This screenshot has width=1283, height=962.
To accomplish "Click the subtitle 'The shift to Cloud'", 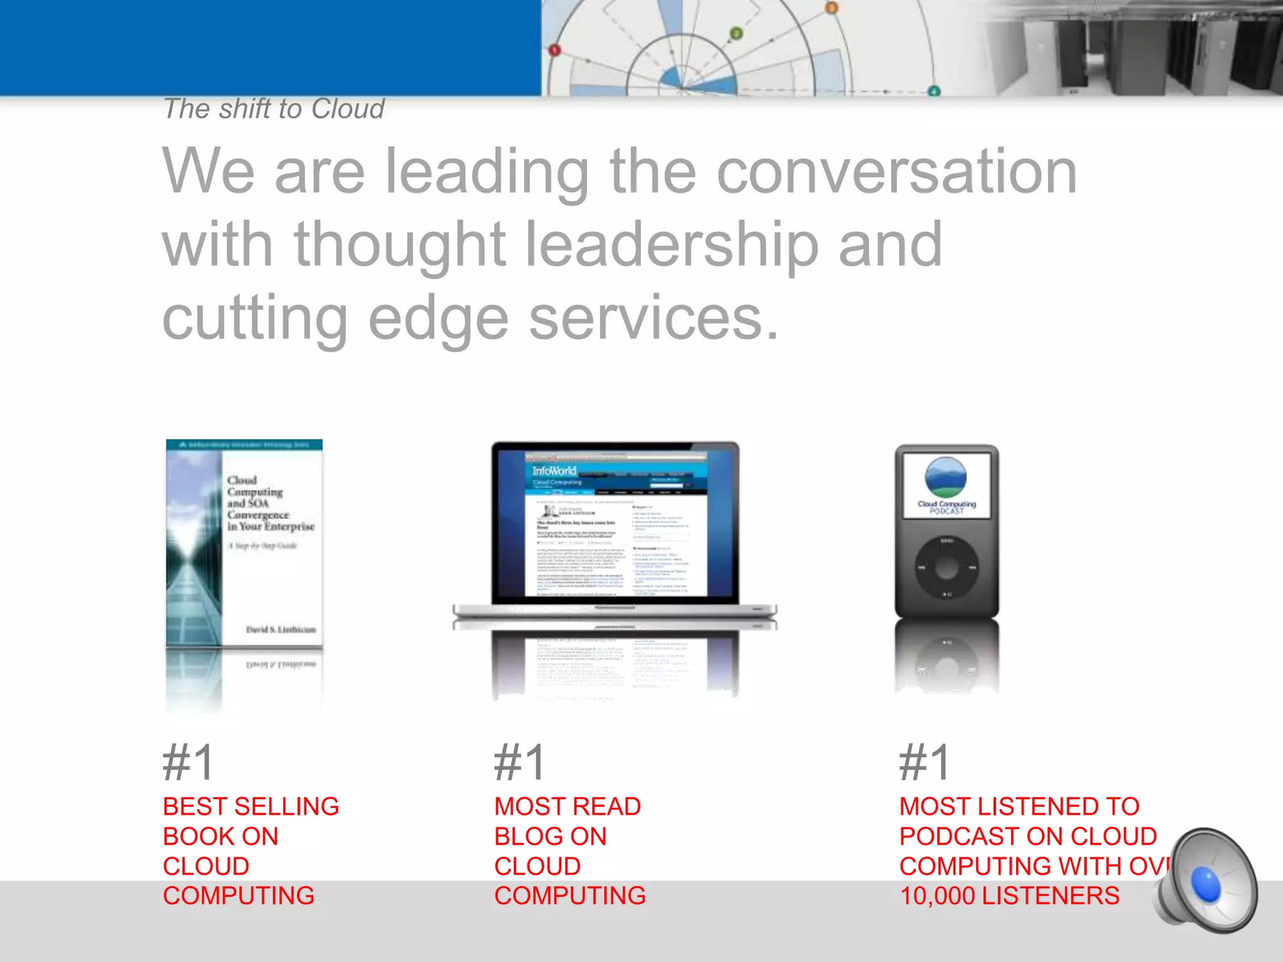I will [x=274, y=109].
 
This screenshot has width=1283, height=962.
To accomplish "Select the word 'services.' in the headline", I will [x=654, y=318].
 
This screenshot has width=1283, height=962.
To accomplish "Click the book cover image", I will [x=244, y=542].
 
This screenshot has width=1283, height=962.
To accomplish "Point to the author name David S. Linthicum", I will [x=281, y=629].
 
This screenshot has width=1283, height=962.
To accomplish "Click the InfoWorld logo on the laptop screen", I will [x=554, y=470].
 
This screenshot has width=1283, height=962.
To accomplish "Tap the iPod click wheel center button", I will [x=947, y=568].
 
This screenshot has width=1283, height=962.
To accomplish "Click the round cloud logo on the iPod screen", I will [x=946, y=477].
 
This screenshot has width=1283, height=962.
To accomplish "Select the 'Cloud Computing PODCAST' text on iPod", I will [x=947, y=507].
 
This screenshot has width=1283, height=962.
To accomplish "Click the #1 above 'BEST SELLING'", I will [x=189, y=762].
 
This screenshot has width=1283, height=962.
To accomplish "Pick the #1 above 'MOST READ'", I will [x=519, y=762].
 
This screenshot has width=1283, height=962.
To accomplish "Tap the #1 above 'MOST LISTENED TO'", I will [x=925, y=762].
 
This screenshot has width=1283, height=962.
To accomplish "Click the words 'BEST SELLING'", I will [x=251, y=807].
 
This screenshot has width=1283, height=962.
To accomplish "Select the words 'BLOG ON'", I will [x=550, y=837].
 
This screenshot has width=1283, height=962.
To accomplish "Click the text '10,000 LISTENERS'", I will [x=1009, y=896].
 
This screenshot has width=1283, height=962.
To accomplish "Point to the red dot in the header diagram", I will [x=554, y=50].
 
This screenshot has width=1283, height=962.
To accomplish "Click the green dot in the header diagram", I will [x=737, y=33].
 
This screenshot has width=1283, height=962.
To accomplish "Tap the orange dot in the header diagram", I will [x=831, y=8].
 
